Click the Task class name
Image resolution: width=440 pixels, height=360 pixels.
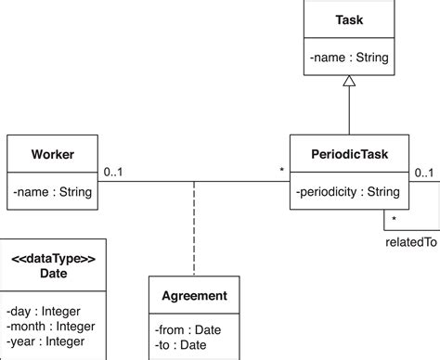tap(348, 19)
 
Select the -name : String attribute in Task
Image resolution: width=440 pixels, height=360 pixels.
tap(348, 58)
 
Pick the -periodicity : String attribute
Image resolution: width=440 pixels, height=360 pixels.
tap(348, 192)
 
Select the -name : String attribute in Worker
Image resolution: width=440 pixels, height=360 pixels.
tap(52, 192)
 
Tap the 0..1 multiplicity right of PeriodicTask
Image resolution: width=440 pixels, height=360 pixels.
tap(423, 172)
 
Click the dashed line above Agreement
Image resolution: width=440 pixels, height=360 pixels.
tap(193, 227)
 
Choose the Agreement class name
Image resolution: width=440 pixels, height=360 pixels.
tap(193, 296)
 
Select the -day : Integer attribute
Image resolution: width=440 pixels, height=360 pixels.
tap(44, 310)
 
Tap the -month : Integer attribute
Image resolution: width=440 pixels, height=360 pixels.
tap(49, 326)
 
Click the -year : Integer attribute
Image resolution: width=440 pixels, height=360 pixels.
tap(45, 341)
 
